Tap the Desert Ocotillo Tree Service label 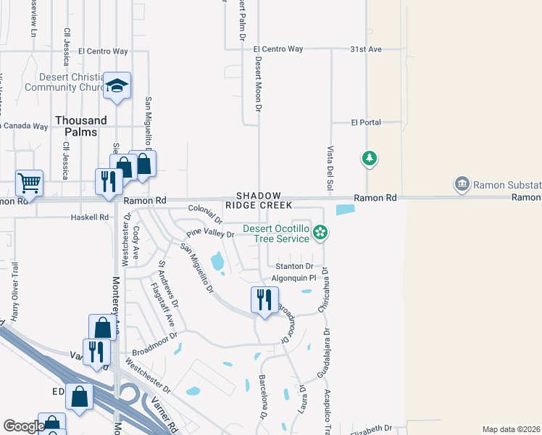tap(275, 233)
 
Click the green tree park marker tap(370, 158)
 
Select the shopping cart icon tap(29, 183)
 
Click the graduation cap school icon tap(117, 86)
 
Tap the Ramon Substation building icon tap(461, 185)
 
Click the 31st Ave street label tap(364, 49)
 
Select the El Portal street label tap(366, 123)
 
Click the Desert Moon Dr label tap(257, 83)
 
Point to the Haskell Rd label tap(89, 217)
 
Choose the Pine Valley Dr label tap(211, 234)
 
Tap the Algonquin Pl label tap(293, 277)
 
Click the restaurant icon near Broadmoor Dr tap(264, 299)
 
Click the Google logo tap(24, 427)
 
